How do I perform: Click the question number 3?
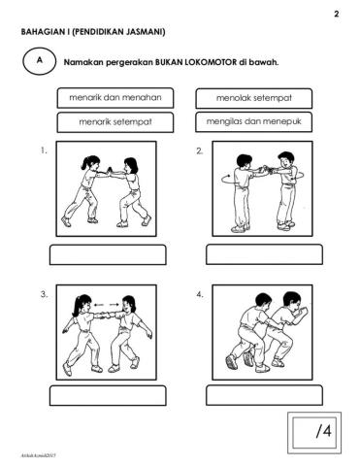click(x=45, y=294)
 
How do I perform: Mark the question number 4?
click(x=199, y=294)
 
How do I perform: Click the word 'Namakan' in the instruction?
click(x=82, y=63)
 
